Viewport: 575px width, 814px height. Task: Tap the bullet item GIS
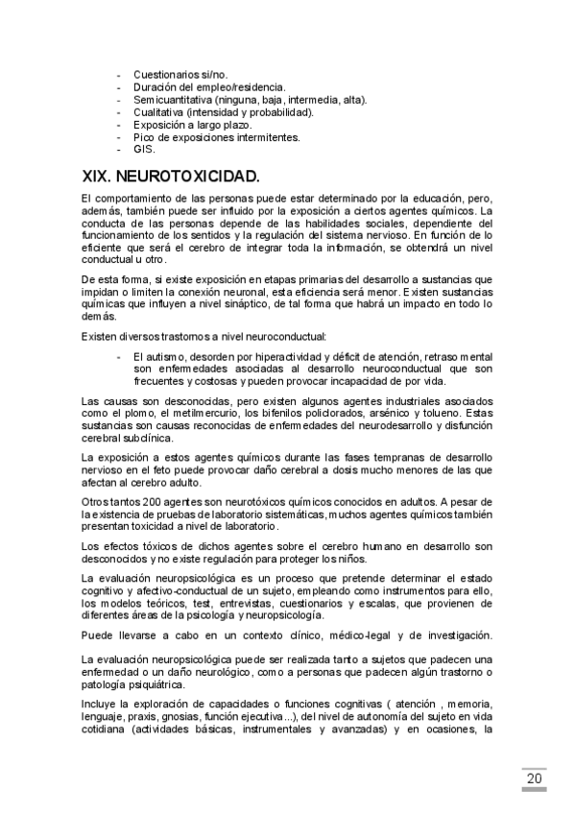(x=143, y=149)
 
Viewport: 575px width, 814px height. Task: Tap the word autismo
(x=160, y=356)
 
